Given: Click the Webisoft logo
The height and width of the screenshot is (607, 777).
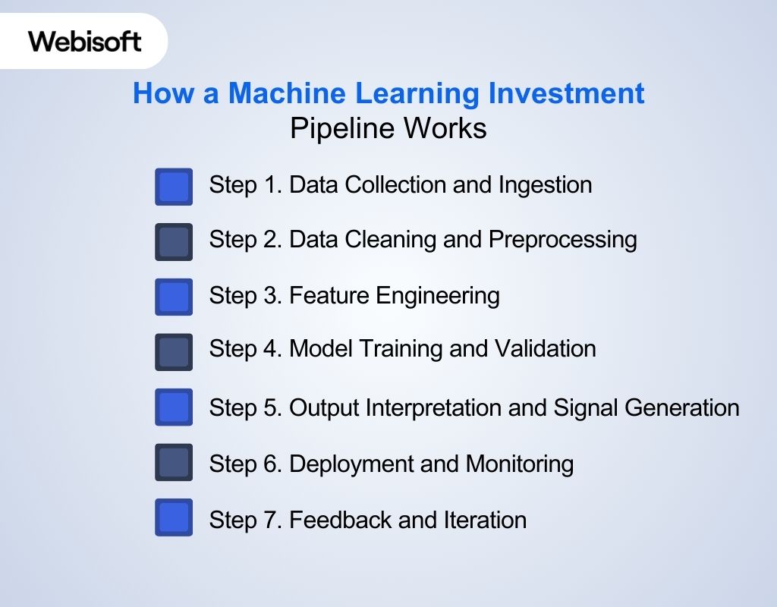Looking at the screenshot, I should coord(85,41).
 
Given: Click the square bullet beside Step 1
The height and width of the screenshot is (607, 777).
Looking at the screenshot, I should coord(174,187).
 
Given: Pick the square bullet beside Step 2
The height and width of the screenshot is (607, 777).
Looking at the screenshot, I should coord(174,242).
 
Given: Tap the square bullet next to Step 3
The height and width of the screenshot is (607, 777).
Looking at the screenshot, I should coord(174,297).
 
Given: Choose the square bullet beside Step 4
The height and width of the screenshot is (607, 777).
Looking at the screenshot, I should coord(174,352).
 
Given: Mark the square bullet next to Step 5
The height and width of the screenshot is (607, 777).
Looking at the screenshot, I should coord(174,407).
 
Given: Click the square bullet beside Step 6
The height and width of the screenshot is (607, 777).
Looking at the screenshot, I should coord(174,463).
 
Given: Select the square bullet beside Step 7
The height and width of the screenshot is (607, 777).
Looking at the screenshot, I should coord(174,517).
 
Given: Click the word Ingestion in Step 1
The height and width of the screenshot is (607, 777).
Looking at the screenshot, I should coord(545,185).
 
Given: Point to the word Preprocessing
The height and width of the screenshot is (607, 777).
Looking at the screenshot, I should coord(562,241).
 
